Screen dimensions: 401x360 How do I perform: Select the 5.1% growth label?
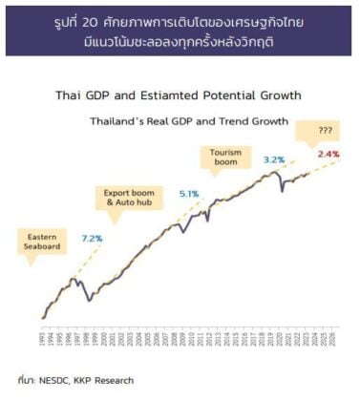coord(189,194)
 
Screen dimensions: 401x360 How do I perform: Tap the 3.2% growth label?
coord(273,159)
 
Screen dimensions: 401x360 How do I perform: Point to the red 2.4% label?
coord(328,153)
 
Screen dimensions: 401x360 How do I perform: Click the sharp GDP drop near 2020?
coord(282,191)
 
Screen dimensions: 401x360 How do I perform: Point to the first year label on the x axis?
coord(43,338)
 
